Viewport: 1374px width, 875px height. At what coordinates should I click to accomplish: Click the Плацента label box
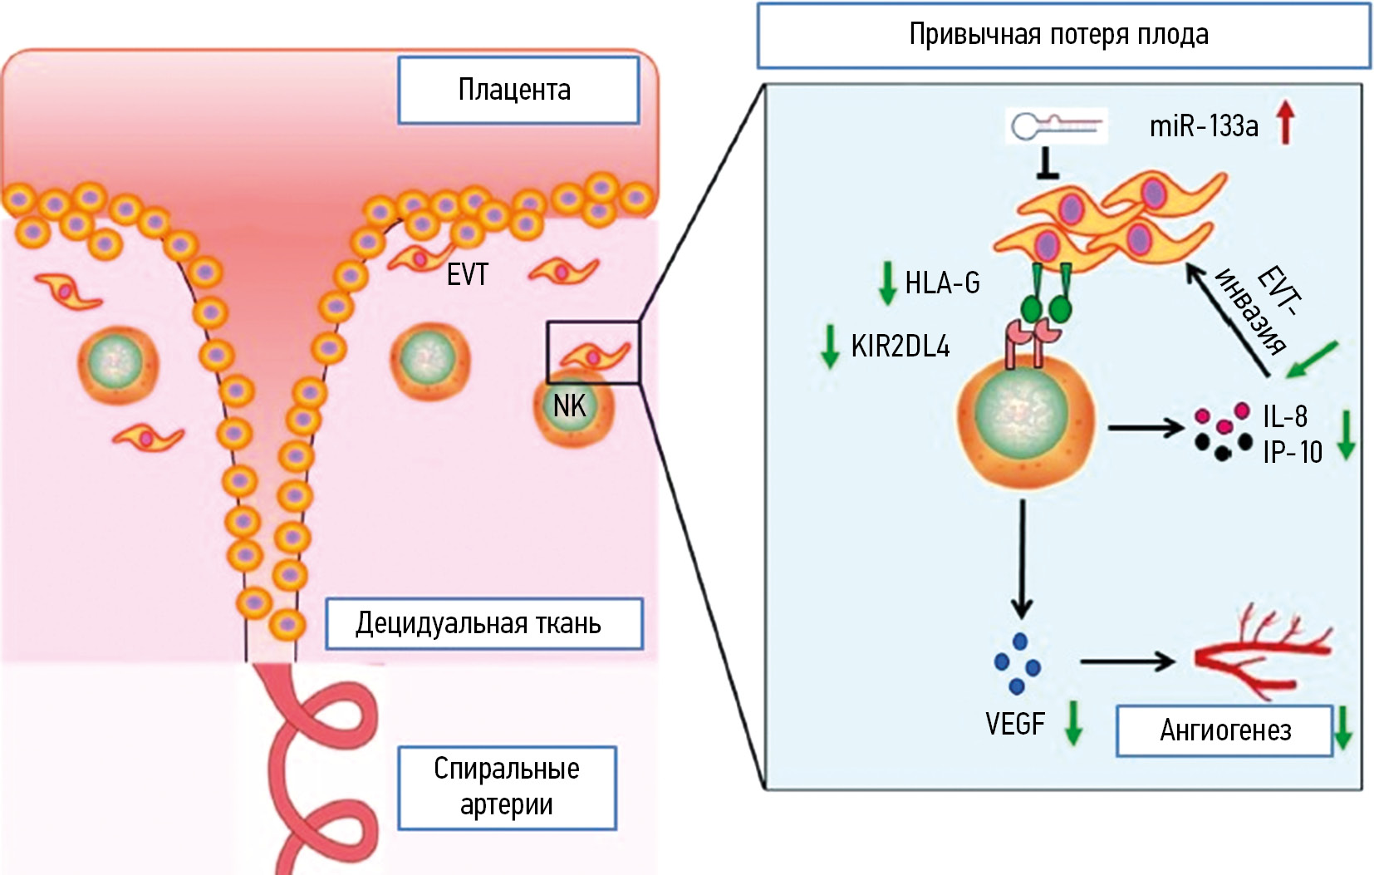pyautogui.click(x=518, y=90)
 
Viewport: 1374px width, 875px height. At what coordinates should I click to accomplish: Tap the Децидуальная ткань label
pyautogui.click(x=483, y=623)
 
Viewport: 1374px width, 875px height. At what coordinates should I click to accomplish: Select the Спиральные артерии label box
pyautogui.click(x=507, y=787)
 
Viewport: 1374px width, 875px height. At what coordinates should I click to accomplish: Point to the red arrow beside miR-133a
pyautogui.click(x=1286, y=122)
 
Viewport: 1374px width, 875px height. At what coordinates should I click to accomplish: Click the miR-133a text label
pyautogui.click(x=1203, y=126)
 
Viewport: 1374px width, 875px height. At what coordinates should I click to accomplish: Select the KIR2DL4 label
pyautogui.click(x=900, y=347)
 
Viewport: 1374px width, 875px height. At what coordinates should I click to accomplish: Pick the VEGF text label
pyautogui.click(x=1014, y=725)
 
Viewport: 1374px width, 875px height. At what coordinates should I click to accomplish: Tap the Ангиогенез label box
pyautogui.click(x=1224, y=730)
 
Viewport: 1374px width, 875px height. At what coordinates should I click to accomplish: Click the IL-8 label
pyautogui.click(x=1284, y=416)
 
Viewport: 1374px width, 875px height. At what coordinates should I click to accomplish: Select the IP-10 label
pyautogui.click(x=1292, y=452)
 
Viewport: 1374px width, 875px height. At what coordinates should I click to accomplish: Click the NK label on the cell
pyautogui.click(x=570, y=406)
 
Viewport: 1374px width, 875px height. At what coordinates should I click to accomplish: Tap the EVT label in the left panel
pyautogui.click(x=467, y=275)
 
